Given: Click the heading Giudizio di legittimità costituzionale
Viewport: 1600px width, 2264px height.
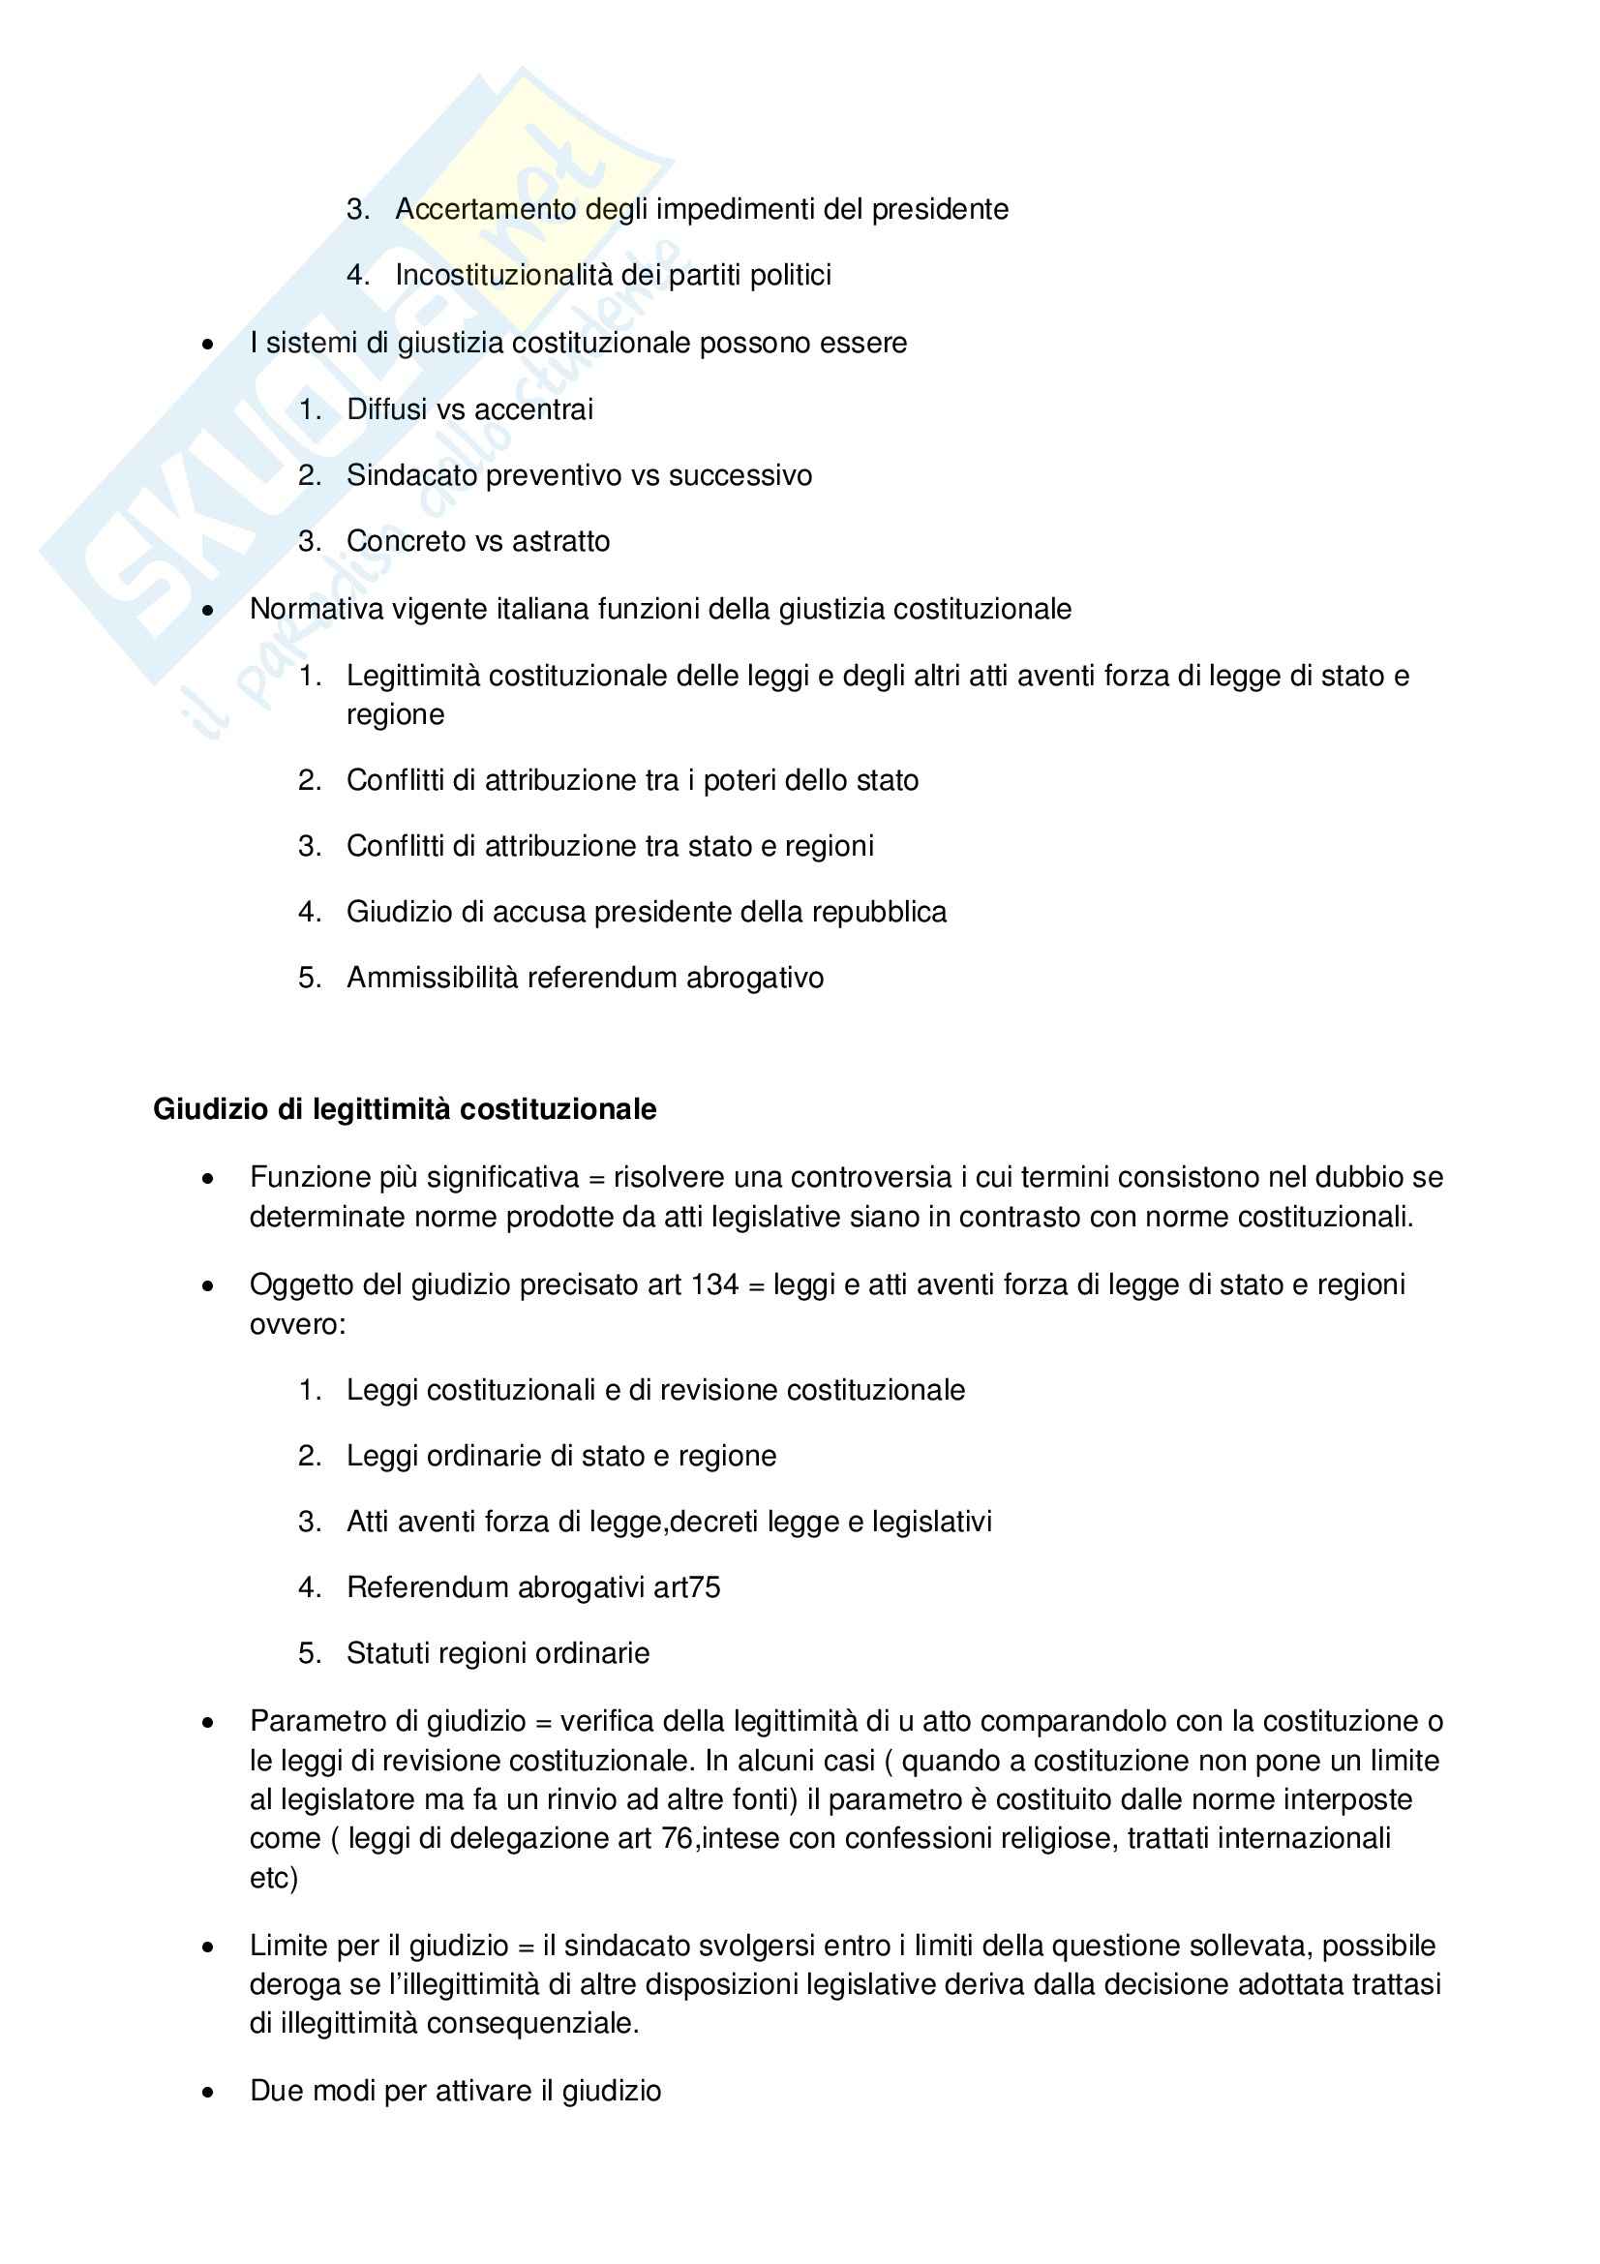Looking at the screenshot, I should coord(405,1109).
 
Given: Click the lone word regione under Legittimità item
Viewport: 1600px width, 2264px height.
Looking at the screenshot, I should coord(395,714).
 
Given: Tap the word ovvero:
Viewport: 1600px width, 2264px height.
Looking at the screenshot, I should coord(298,1324).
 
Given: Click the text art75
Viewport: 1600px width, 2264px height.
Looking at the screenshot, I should coord(687,1587).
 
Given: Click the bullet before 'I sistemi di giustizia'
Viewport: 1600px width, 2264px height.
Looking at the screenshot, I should coord(207,345).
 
